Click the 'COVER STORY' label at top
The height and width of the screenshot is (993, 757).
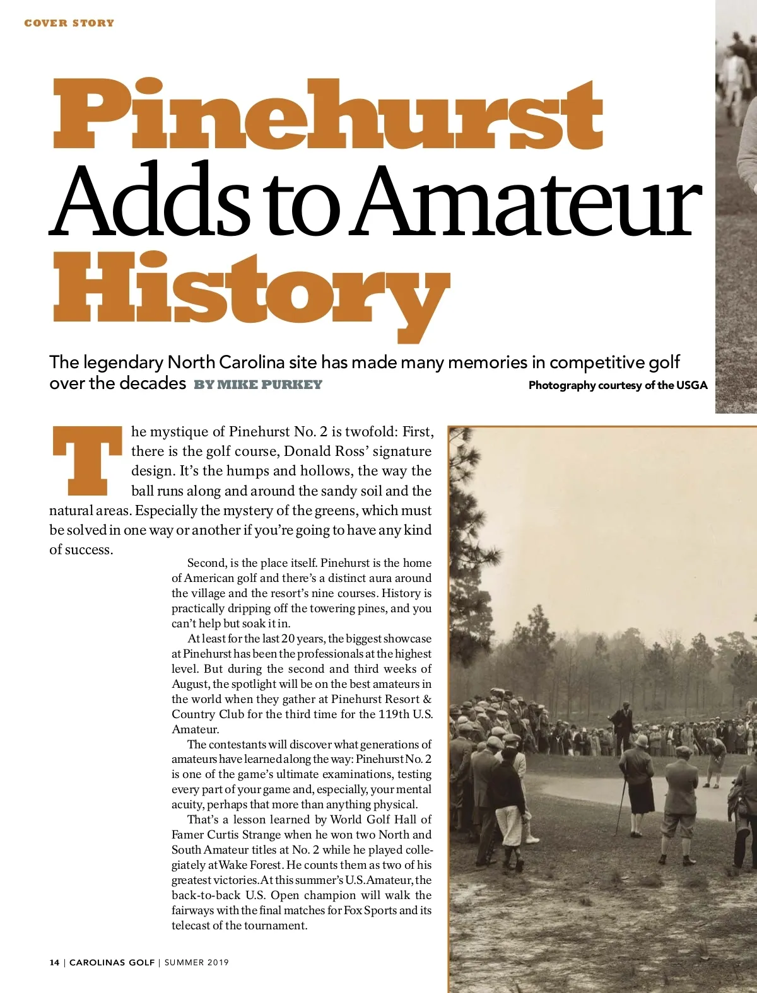point(69,23)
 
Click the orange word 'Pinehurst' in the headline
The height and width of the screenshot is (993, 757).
point(328,113)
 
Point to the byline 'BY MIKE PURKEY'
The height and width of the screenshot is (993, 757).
point(258,385)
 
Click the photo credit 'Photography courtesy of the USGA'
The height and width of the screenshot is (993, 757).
point(618,385)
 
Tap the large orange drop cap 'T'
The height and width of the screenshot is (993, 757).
point(86,460)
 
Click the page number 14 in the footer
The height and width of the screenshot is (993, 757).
point(54,963)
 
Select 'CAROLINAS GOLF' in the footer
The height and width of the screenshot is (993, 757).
point(112,963)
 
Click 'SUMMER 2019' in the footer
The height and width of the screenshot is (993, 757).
point(197,963)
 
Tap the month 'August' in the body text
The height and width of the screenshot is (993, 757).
point(189,684)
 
